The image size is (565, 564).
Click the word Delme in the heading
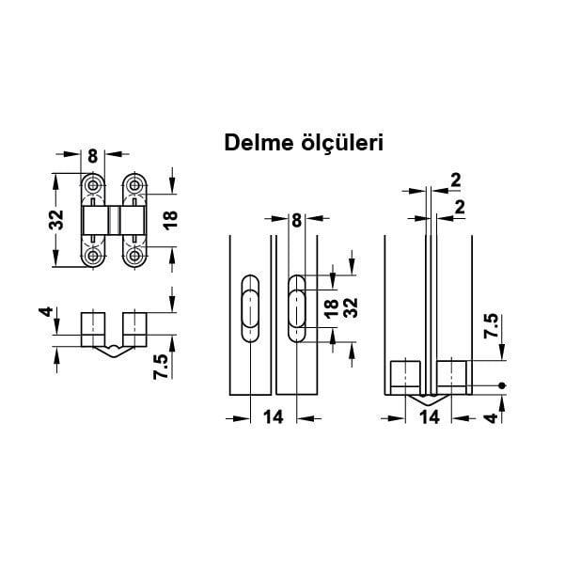point(253,143)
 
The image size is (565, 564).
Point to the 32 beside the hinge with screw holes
point(58,220)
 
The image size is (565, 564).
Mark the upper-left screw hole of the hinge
point(93,185)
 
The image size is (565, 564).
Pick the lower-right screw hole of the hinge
point(135,256)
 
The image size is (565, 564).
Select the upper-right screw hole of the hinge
point(135,185)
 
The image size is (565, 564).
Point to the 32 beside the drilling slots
point(351,309)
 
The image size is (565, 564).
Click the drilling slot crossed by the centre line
point(296,309)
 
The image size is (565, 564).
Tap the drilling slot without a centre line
point(251,309)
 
